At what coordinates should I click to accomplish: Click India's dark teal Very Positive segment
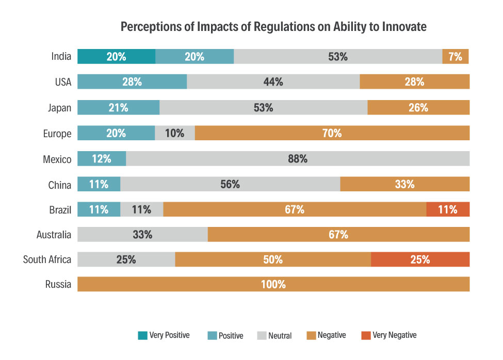click(116, 57)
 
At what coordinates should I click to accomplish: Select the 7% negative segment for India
click(456, 57)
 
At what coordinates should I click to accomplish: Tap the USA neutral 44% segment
click(273, 82)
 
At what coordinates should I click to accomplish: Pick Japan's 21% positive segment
click(118, 107)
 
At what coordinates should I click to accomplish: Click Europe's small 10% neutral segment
click(175, 133)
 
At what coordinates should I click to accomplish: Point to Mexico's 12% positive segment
click(102, 158)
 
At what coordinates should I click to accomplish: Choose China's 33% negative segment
click(404, 184)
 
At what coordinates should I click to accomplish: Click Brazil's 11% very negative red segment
click(448, 209)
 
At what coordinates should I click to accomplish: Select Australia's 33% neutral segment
click(142, 235)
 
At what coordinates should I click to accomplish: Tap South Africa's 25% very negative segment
click(420, 259)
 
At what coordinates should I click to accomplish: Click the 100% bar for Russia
click(273, 284)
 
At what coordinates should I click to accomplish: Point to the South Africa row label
click(47, 259)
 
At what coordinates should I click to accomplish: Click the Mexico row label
click(57, 159)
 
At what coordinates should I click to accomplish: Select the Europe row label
click(57, 134)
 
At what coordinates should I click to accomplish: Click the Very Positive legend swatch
click(142, 336)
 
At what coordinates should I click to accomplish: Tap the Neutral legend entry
click(274, 336)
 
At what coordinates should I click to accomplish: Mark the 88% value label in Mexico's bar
click(298, 159)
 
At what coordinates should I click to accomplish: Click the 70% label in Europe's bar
click(332, 133)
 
